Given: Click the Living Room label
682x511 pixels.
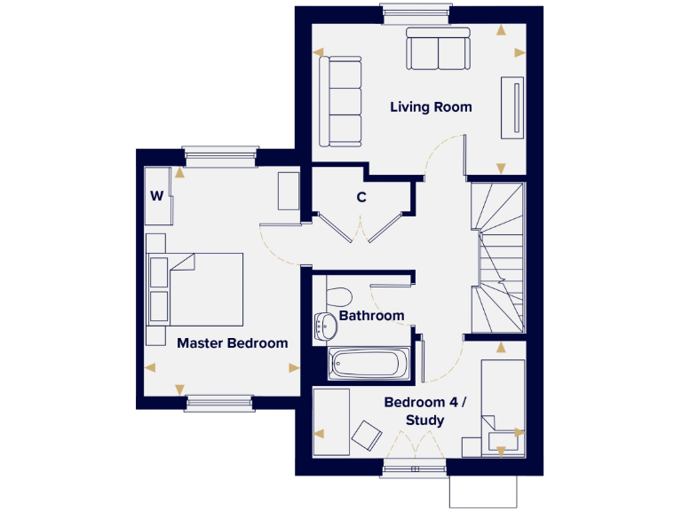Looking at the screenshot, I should coord(431,107).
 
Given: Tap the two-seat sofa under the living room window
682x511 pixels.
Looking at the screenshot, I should coord(438,50).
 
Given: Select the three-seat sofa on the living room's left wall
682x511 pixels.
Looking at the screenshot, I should coord(341,101).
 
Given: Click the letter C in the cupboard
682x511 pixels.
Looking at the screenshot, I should coord(361,198).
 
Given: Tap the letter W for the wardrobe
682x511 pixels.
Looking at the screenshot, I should coord(156,196).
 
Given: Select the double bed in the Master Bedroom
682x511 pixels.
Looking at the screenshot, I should coord(206,288).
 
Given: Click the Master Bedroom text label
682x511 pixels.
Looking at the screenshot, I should coord(232,343).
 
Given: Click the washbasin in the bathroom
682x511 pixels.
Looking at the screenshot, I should coord(324,327).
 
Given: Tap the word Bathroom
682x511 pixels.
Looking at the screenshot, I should coord(371,316).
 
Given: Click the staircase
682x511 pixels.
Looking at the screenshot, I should coord(497,257).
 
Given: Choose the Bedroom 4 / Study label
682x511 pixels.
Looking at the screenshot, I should coord(424,411).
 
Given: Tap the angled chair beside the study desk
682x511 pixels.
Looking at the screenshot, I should coord(365,436).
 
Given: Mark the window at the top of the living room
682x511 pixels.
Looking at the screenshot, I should coord(405,11).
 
